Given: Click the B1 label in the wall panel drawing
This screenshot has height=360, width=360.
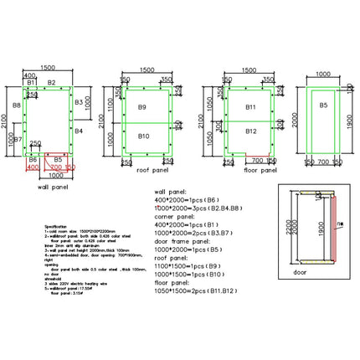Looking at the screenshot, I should coord(30,82).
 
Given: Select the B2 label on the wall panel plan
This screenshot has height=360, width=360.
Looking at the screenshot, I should coord(52,82).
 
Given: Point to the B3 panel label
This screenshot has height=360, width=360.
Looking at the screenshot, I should coord(79,101).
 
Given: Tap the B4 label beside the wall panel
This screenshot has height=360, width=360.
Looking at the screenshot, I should coord(79,131).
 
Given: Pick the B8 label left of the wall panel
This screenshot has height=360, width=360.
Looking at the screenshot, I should coord(17,106).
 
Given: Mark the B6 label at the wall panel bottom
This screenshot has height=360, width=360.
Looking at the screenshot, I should coord(32,158).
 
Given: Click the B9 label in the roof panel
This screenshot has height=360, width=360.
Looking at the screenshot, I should coord(143,108).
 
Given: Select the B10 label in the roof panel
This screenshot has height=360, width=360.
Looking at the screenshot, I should coord(143,136).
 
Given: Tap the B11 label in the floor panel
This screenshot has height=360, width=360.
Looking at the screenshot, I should coord(249,108).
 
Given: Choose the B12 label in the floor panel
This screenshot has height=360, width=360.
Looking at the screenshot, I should coord(249,131).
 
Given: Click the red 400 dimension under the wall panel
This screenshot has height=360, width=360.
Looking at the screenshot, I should coord(33,167).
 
